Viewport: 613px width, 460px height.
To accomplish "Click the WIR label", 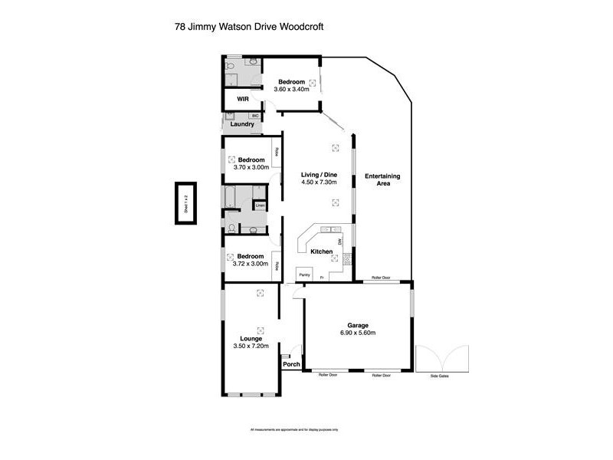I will pos(242,100).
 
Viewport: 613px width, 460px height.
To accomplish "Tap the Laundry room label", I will pos(242,124).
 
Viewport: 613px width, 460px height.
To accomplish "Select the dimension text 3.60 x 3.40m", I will pos(291,90).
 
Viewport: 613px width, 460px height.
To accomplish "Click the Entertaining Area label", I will pos(382,180).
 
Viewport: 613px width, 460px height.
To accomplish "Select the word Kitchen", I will pos(321,251).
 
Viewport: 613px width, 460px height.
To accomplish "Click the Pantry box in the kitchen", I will pos(303,274).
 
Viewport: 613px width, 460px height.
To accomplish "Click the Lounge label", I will pos(251,338).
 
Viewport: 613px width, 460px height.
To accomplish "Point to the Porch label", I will pos(291,364).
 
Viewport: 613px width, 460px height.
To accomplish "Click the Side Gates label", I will pos(438,376).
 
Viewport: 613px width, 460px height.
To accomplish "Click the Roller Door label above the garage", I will pos(381,278).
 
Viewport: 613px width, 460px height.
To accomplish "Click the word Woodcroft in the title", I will pos(304,25).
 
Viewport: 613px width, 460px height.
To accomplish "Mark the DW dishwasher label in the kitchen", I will pos(338,242).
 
